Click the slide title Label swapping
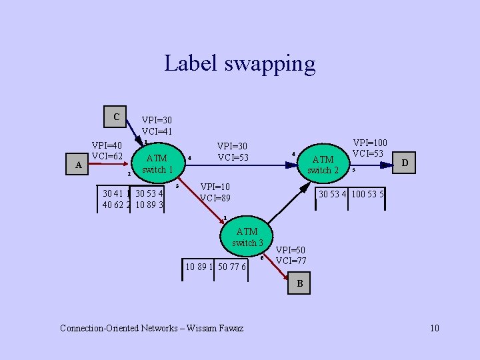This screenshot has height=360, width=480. (239, 63)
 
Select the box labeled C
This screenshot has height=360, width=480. (116, 117)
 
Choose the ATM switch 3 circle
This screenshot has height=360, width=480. (247, 237)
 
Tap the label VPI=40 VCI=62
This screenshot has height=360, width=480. (107, 151)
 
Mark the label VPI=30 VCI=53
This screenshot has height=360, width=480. (233, 151)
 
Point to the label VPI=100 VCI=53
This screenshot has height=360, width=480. (369, 148)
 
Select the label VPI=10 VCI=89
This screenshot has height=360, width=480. (215, 192)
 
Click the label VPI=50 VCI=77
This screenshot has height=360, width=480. (291, 255)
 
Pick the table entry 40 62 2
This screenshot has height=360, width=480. (115, 205)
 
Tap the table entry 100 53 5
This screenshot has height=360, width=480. (367, 194)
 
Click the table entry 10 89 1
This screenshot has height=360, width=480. (199, 267)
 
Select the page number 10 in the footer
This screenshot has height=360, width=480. (435, 328)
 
